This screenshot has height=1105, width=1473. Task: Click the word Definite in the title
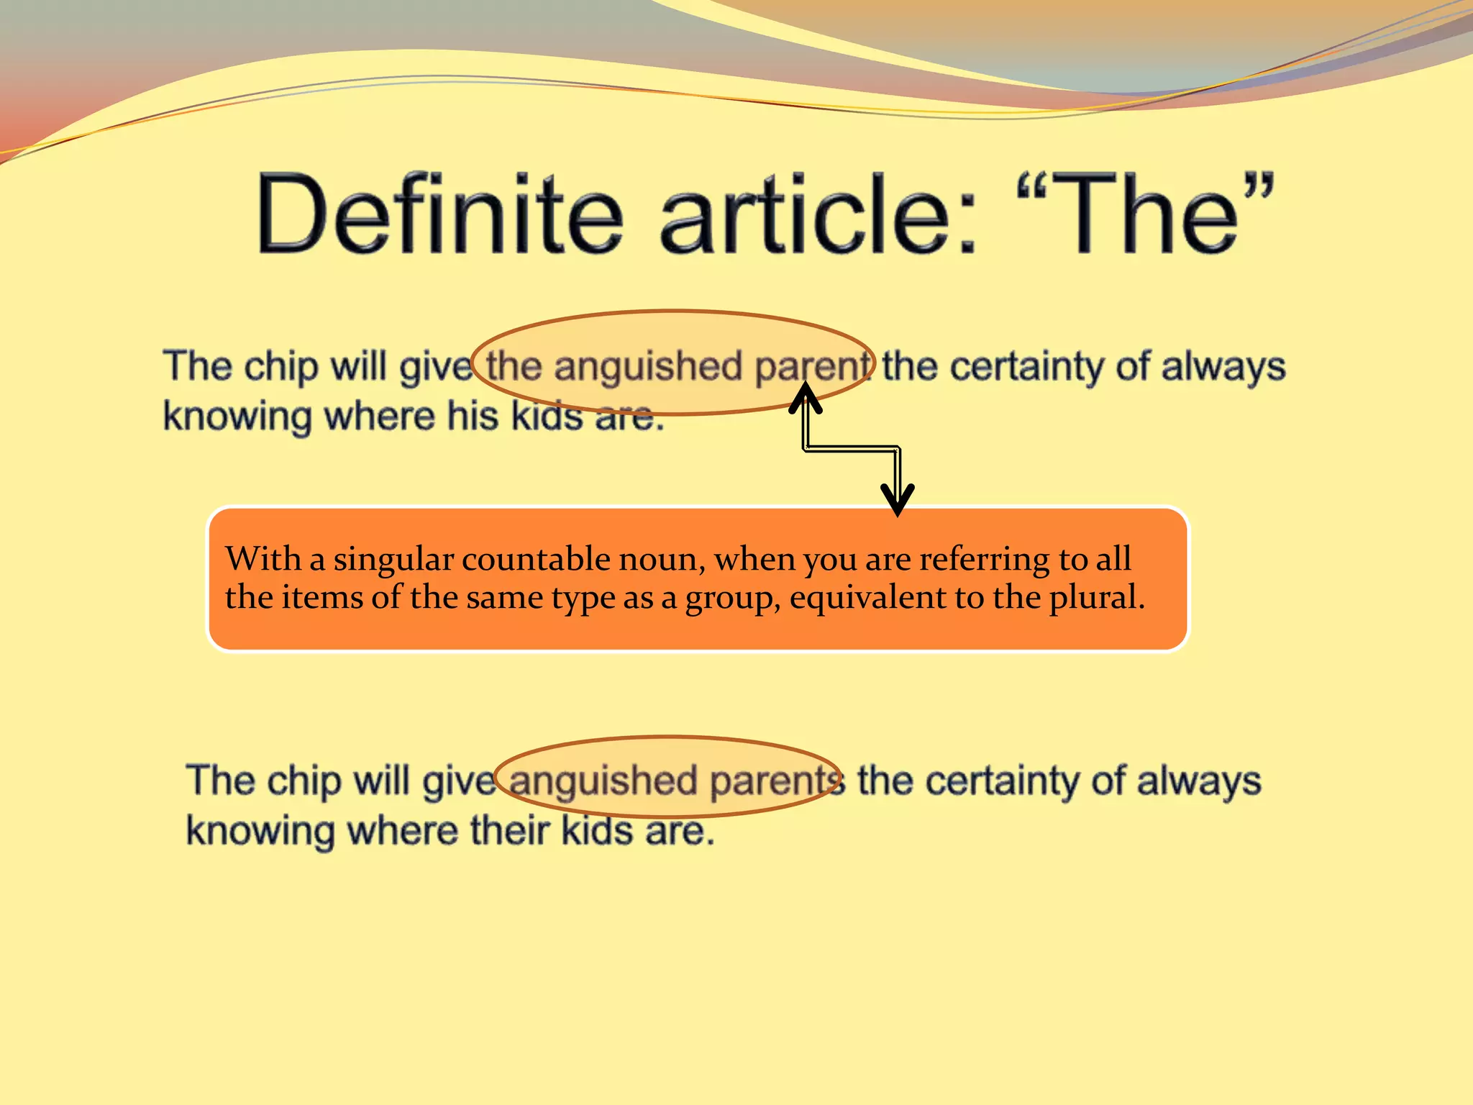[x=439, y=214]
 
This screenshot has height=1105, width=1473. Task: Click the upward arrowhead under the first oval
[x=806, y=396]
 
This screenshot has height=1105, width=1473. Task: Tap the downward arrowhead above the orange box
[x=897, y=500]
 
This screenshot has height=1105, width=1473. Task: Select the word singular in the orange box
[x=393, y=559]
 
